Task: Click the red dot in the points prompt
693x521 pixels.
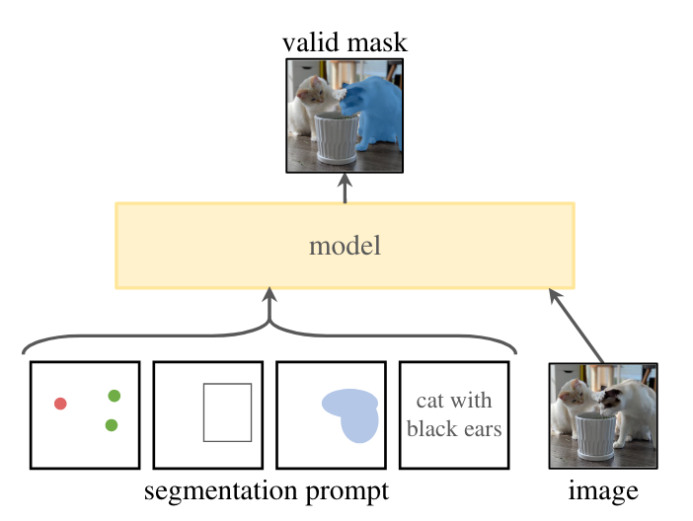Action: tap(60, 403)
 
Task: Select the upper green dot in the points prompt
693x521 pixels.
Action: tap(115, 396)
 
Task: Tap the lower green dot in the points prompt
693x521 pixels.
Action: tap(111, 425)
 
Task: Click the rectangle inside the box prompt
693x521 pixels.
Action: tap(227, 412)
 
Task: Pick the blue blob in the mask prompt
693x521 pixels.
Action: tap(350, 412)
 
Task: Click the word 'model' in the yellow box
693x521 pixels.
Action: tap(345, 246)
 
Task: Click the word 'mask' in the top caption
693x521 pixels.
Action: tap(376, 42)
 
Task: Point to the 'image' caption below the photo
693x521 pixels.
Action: tap(603, 490)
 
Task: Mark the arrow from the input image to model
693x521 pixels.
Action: tap(577, 326)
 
